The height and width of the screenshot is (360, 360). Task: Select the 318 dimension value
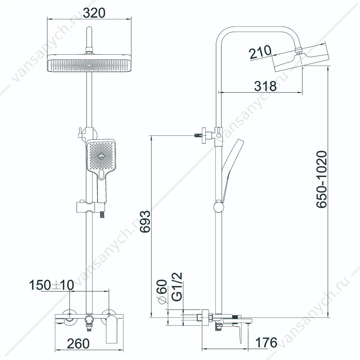click(x=265, y=86)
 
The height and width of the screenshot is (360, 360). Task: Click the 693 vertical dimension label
click(x=145, y=222)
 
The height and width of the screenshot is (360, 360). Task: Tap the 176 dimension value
click(x=266, y=342)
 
